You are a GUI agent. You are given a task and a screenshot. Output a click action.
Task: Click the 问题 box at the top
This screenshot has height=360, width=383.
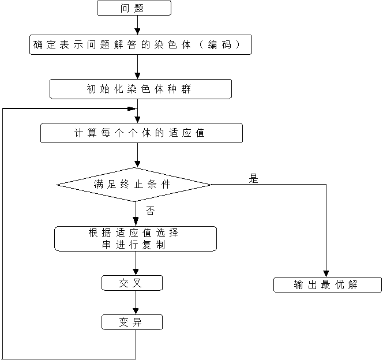pos(134,8)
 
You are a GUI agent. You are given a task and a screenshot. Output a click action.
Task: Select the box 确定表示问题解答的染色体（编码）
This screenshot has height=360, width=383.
pos(141,45)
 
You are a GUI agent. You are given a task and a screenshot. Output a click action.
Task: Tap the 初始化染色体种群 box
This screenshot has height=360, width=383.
pos(141,89)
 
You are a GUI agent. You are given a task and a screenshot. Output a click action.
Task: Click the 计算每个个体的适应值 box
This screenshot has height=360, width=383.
pos(141,133)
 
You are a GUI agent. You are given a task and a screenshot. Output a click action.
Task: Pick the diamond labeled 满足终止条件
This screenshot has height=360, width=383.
pos(134,185)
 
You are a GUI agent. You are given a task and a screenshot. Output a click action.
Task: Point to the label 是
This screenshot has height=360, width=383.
pos(253,179)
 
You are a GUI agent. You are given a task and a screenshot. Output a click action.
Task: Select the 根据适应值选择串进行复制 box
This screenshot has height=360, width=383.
pos(135,239)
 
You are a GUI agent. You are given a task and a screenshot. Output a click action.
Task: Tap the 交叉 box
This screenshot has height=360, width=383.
pos(132,283)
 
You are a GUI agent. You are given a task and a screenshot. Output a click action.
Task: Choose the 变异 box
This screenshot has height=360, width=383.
pos(132,322)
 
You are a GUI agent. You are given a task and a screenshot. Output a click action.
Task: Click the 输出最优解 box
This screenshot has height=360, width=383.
pos(327,285)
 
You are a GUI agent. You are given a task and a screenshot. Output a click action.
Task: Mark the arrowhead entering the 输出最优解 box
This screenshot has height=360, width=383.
pos(326,274)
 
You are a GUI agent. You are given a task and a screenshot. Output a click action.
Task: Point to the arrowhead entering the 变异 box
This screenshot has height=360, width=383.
pos(136,311)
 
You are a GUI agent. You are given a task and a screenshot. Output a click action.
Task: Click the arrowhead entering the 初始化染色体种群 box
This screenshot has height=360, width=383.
pos(137,76)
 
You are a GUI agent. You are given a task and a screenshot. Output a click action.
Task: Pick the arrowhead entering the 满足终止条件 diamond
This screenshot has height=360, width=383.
pos(137,164)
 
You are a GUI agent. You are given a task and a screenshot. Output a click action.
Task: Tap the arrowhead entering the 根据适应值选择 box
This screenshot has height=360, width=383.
pos(136,222)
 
